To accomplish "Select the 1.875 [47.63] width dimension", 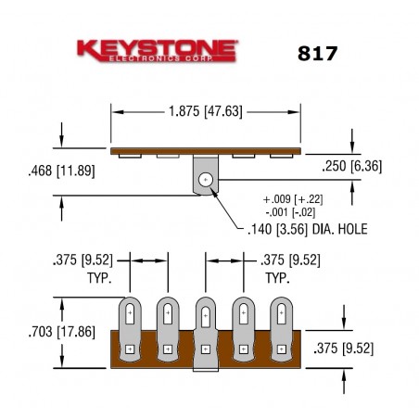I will [207, 111].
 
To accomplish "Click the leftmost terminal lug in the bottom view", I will [130, 329].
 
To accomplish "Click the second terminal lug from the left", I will [168, 329].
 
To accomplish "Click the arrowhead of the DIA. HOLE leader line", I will [217, 192].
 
